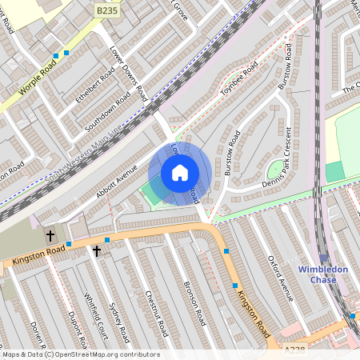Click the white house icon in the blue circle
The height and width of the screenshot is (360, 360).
pyautogui.click(x=180, y=173)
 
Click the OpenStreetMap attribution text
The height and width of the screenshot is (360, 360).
pyautogui.click(x=80, y=354)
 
